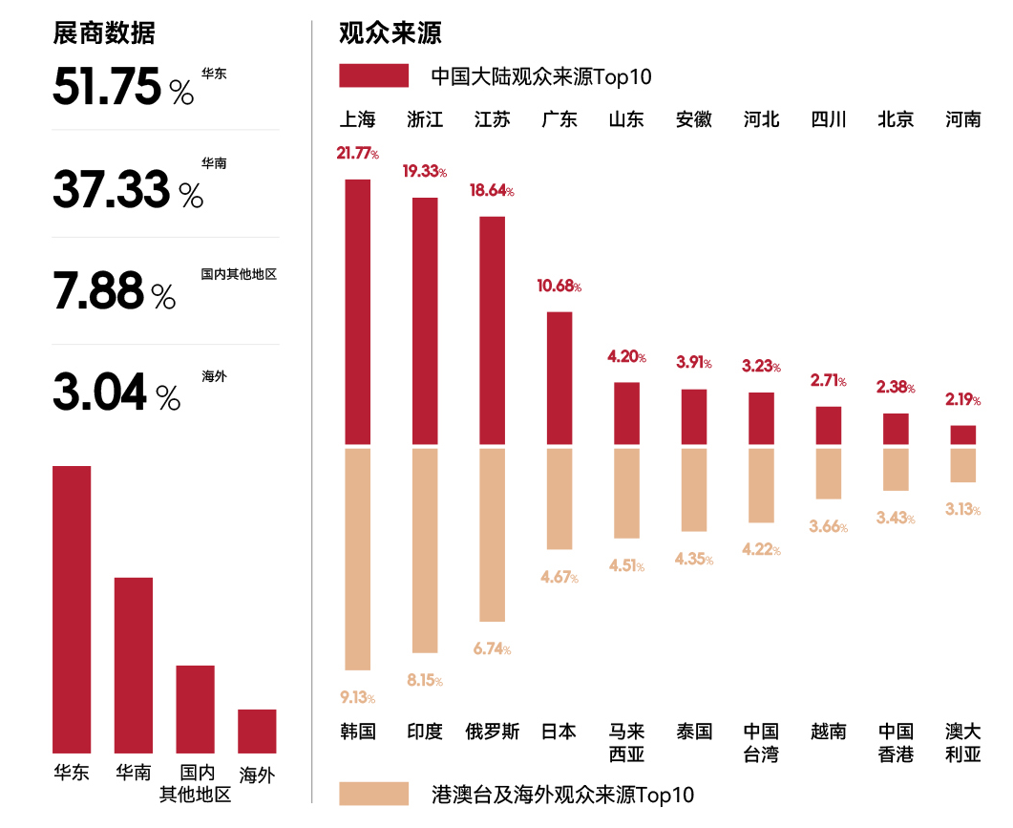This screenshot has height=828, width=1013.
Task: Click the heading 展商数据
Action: click(103, 33)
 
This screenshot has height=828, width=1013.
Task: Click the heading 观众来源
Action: click(390, 33)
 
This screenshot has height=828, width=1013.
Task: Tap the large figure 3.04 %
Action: click(116, 393)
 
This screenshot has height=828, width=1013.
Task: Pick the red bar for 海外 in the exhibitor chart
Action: click(257, 731)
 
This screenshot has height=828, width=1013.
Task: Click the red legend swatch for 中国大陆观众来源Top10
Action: click(373, 75)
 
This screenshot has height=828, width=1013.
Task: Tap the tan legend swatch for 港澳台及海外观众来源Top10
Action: click(373, 794)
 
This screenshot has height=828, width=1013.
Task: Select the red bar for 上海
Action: click(357, 311)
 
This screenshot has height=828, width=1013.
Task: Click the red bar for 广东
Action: click(559, 377)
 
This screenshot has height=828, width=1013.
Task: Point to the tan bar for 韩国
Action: click(357, 559)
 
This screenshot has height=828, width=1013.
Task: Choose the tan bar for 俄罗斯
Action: click(492, 535)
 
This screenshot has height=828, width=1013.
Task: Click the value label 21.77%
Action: click(357, 153)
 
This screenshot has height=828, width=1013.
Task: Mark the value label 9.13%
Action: click(357, 697)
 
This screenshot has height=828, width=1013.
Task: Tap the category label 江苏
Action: click(492, 119)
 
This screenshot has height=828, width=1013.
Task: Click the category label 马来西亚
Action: click(626, 743)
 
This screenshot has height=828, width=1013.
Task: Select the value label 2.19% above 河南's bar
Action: click(962, 399)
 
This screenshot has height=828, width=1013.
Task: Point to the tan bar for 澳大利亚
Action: click(962, 465)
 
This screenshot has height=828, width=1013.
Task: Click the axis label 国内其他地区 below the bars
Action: click(195, 783)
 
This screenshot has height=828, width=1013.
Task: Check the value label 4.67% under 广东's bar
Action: click(559, 577)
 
